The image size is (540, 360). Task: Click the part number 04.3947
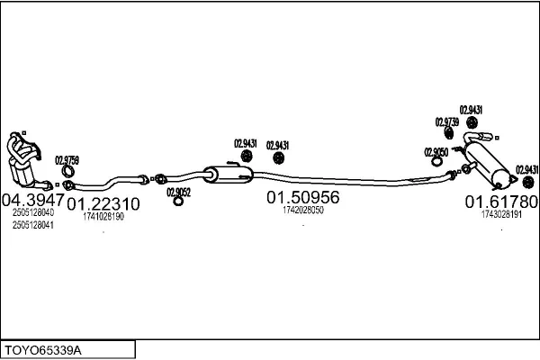pos(33,200)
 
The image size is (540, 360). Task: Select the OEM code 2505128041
pos(33,225)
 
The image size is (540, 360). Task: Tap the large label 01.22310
pos(103,204)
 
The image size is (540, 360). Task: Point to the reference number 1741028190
pos(103,216)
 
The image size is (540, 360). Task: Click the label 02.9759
pos(67,160)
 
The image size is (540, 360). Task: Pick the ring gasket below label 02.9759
pos(68,171)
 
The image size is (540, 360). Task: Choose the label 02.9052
pos(179,193)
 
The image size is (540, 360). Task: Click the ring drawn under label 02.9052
pos(178,202)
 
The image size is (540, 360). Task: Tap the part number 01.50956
pos(303,197)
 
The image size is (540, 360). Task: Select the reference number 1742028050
pos(303,210)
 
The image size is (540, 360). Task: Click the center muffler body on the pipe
pos(228,174)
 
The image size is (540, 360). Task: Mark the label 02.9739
pos(447,122)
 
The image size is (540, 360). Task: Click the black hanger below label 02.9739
pos(448,133)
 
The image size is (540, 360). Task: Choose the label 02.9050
pos(436,152)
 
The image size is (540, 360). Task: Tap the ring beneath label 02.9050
pos(437,162)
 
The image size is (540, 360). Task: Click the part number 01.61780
pos(501,202)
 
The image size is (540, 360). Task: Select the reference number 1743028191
pos(501,214)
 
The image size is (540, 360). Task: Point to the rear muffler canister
pos(486,165)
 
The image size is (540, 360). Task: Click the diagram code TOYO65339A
pos(43,351)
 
